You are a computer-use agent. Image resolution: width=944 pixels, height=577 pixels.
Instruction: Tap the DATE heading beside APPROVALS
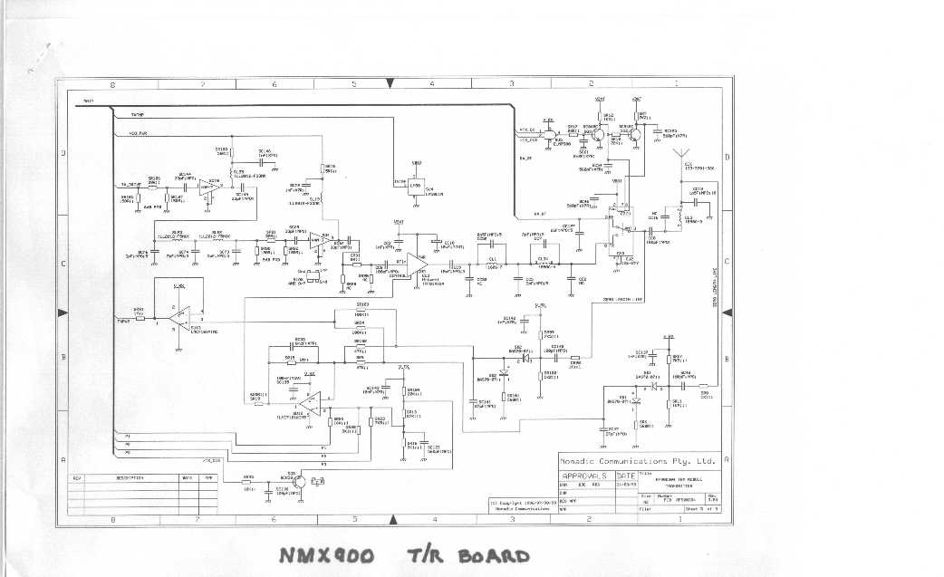pyautogui.click(x=625, y=476)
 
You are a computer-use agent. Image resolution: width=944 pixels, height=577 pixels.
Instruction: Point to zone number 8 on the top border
pyautogui.click(x=112, y=84)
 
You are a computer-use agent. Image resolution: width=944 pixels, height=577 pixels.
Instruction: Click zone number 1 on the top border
pyautogui.click(x=676, y=84)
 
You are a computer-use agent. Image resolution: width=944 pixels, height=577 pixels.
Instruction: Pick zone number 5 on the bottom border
pyautogui.click(x=353, y=519)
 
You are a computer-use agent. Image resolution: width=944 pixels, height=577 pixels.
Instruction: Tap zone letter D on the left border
pyautogui.click(x=63, y=154)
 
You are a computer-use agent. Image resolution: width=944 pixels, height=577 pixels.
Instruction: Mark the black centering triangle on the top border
pyautogui.click(x=390, y=83)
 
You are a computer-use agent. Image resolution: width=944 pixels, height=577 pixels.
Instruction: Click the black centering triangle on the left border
pyautogui.click(x=63, y=313)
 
